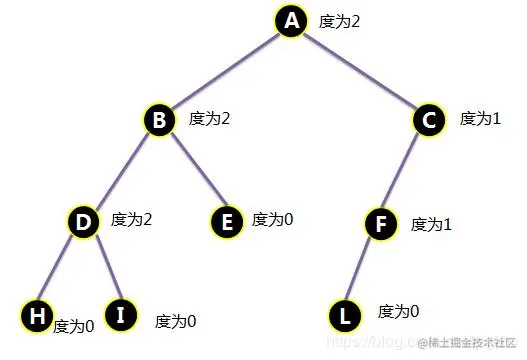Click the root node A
pyautogui.click(x=291, y=21)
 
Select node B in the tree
pyautogui.click(x=159, y=121)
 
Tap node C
pyautogui.click(x=429, y=121)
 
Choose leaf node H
pyautogui.click(x=35, y=317)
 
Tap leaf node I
pyautogui.click(x=121, y=317)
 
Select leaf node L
pyautogui.click(x=344, y=317)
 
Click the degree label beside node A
pyautogui.click(x=339, y=20)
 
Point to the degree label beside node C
pyautogui.click(x=480, y=118)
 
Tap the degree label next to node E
pyautogui.click(x=272, y=219)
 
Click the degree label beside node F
pyautogui.click(x=432, y=224)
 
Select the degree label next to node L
pyautogui.click(x=399, y=311)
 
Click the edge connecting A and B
pyautogui.click(x=225, y=71)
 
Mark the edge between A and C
pyautogui.click(x=360, y=71)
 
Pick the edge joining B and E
pyautogui.click(x=193, y=171)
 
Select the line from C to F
pyautogui.click(x=404, y=171)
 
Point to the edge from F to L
pyautogui.click(x=361, y=269)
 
